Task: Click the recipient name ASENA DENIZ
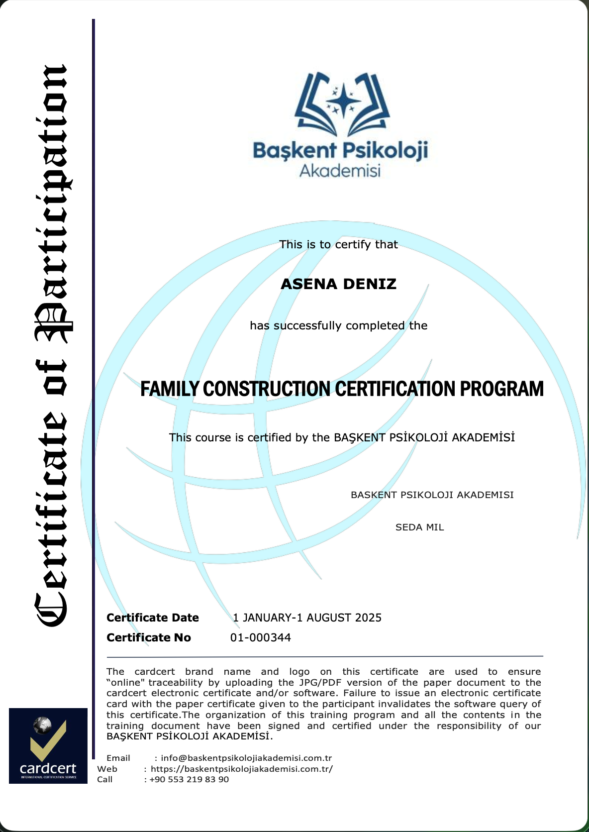(338, 284)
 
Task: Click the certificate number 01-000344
(261, 637)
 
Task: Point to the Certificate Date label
(153, 618)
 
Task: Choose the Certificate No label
(149, 637)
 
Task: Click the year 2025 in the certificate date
(369, 618)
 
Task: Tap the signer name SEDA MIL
(419, 527)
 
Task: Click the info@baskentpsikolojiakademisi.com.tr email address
(246, 758)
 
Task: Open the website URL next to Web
(242, 769)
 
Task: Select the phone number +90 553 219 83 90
(189, 779)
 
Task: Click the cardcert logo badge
(48, 745)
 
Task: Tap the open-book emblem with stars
(342, 104)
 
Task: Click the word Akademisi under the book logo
(340, 171)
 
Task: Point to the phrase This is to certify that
(338, 244)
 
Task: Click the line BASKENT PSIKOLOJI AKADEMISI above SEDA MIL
(432, 495)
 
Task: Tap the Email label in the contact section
(118, 758)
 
